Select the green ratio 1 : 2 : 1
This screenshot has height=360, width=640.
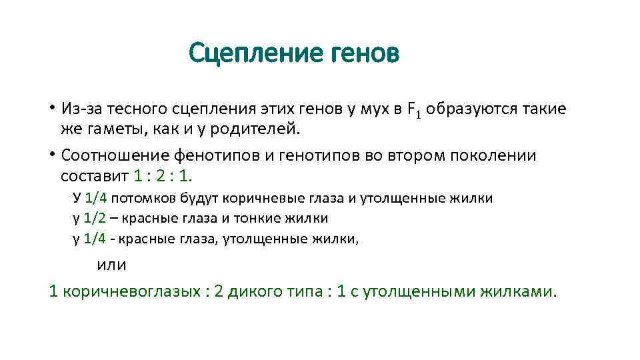[x=162, y=175]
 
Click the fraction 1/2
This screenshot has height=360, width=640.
[x=95, y=218]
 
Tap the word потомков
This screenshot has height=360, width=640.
[x=143, y=198]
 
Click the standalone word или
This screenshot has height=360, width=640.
[x=111, y=264]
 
